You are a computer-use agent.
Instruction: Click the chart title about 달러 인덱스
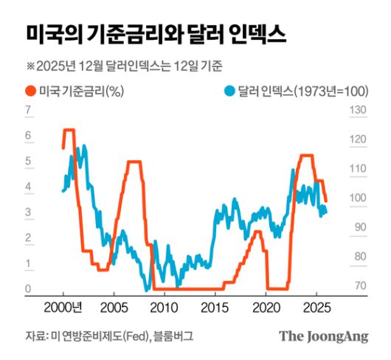click(x=156, y=33)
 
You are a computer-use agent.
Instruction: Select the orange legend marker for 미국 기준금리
click(x=32, y=91)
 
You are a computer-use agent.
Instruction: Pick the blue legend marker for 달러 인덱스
click(x=230, y=91)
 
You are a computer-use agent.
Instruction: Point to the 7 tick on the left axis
click(x=28, y=111)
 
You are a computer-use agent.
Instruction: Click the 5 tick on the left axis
click(x=28, y=161)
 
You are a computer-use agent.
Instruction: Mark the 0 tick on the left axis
click(x=28, y=288)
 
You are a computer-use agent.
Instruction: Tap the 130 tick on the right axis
click(x=358, y=111)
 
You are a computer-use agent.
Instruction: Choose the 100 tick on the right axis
click(x=358, y=198)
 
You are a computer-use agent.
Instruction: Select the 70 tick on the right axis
click(x=358, y=286)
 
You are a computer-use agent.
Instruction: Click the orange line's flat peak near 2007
click(x=134, y=162)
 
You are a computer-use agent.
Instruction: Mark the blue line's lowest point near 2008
click(x=148, y=288)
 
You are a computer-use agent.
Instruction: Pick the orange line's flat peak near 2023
click(x=306, y=156)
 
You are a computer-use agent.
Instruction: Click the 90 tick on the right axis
click(x=358, y=228)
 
